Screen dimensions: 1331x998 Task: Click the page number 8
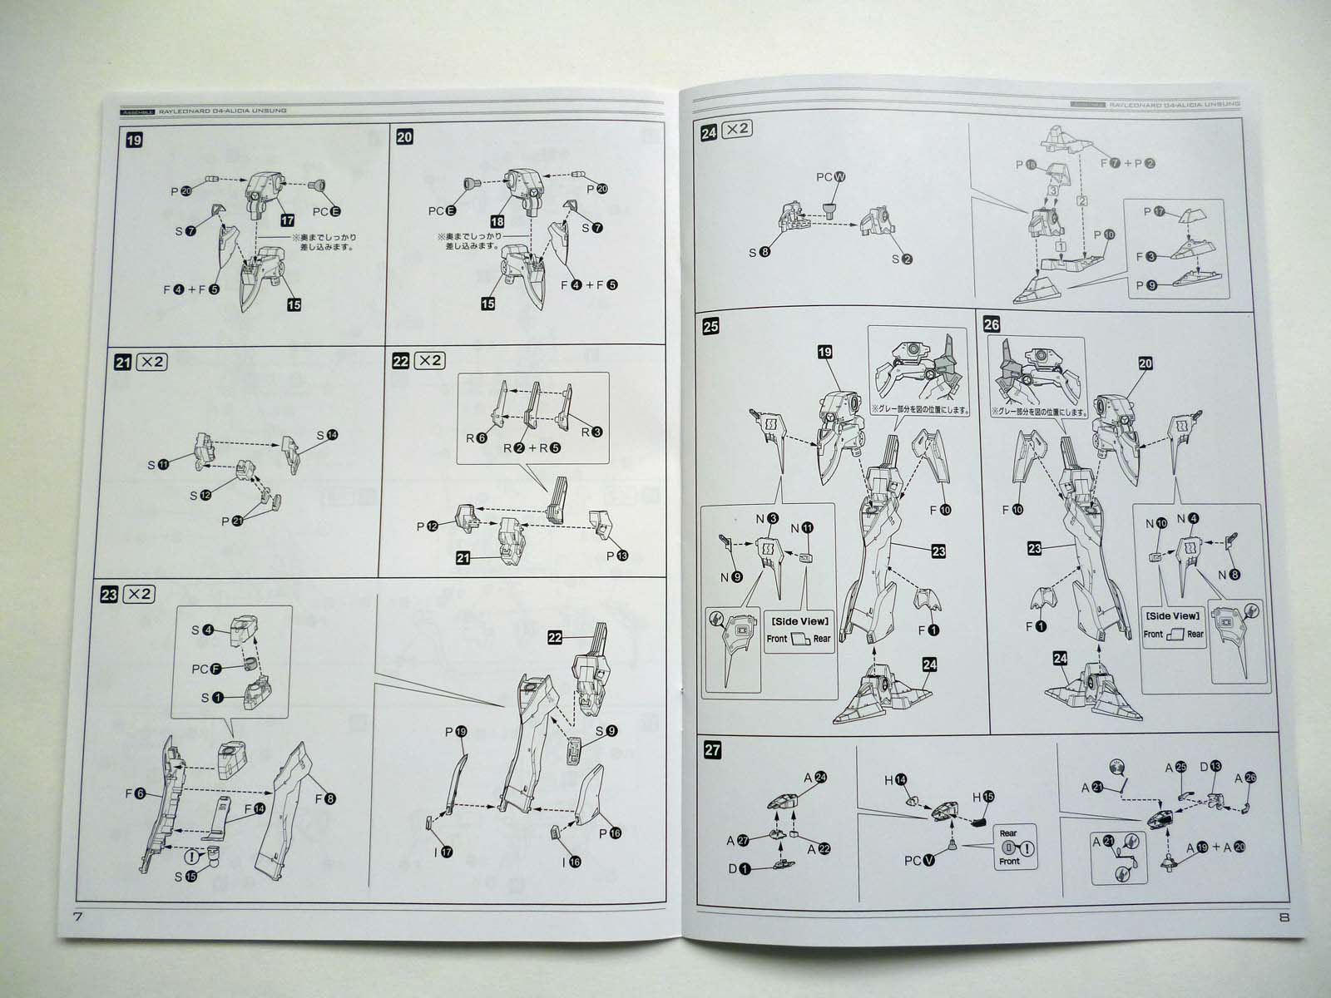point(1284,918)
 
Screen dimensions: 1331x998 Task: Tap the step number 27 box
point(712,749)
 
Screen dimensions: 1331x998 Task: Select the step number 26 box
point(991,324)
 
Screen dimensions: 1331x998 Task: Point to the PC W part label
point(831,177)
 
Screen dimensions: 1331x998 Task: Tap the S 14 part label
point(326,436)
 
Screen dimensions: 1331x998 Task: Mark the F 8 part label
point(325,799)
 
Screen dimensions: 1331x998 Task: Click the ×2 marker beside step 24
point(736,130)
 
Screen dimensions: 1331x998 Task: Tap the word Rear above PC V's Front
point(1008,832)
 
